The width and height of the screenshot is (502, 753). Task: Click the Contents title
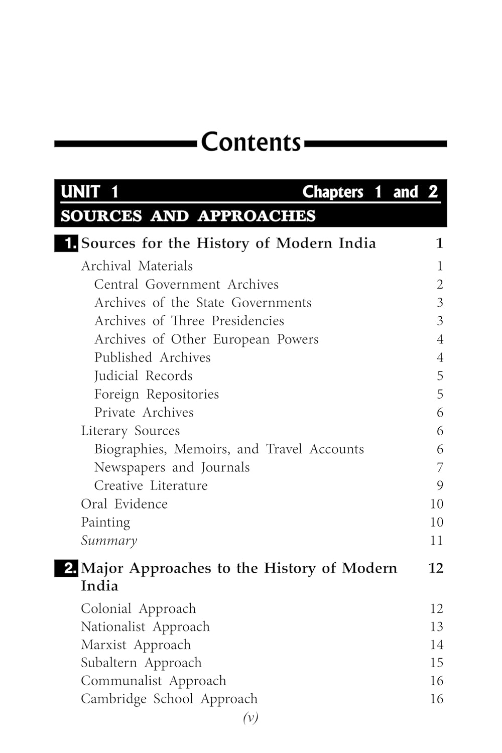(250, 143)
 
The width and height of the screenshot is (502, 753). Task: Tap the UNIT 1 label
(89, 192)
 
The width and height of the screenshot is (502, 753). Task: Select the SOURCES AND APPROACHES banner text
(188, 216)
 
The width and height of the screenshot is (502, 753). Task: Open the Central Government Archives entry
(186, 284)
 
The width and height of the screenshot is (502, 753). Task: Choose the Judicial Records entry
(143, 375)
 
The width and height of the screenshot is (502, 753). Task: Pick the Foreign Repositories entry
(156, 394)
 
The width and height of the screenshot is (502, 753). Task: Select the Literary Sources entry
(130, 431)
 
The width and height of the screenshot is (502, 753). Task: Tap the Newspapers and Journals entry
(172, 467)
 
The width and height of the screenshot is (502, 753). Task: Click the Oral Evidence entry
(124, 504)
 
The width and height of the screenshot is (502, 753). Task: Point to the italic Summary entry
(109, 541)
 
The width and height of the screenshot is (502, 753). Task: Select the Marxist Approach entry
(136, 645)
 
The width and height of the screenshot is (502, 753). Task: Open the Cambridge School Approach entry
(169, 699)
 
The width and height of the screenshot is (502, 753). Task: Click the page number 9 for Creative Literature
(440, 485)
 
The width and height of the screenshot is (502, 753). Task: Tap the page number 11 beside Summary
(437, 541)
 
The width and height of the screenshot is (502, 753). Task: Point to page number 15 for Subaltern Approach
(437, 663)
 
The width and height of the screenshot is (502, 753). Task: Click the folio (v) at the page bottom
(250, 718)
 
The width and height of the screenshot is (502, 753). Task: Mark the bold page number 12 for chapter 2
(436, 568)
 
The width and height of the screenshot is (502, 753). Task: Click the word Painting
(105, 522)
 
